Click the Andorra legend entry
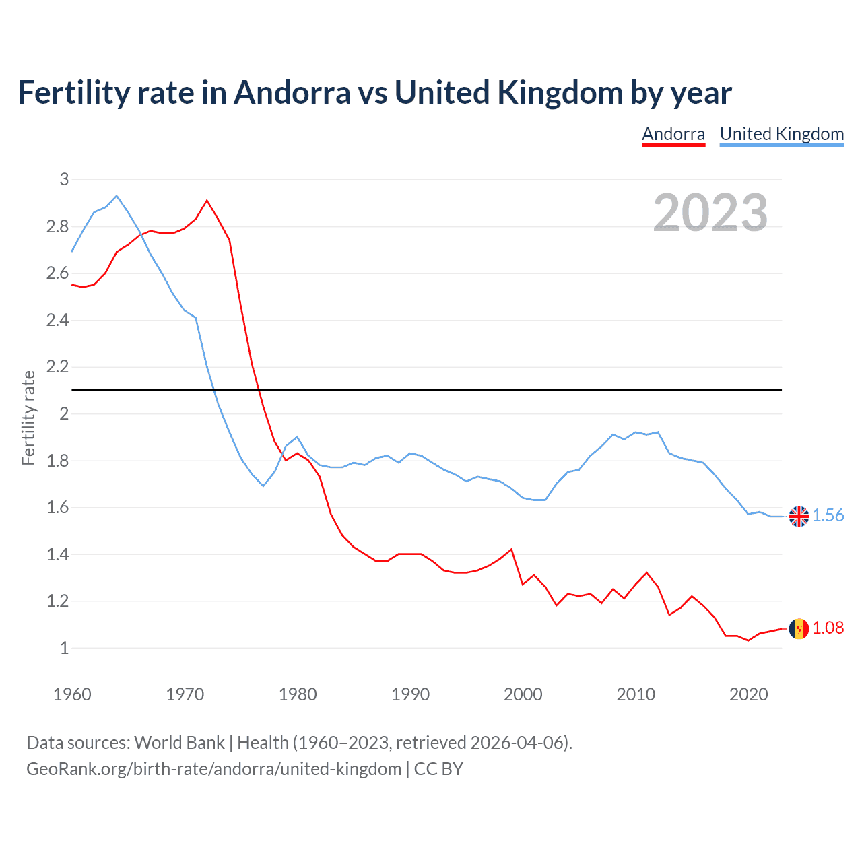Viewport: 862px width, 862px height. click(x=673, y=134)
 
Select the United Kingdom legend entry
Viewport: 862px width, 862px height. click(x=781, y=134)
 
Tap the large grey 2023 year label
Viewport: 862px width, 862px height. click(x=710, y=213)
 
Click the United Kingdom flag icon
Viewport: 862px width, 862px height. click(x=799, y=516)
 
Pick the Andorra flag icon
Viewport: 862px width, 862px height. click(x=799, y=628)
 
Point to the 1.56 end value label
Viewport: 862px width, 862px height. click(x=828, y=516)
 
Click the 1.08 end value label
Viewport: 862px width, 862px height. click(x=828, y=628)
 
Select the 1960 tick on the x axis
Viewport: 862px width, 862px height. click(x=72, y=694)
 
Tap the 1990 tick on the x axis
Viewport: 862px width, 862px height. click(x=410, y=694)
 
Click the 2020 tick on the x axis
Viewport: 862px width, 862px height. click(x=748, y=694)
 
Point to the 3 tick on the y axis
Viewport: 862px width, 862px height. click(x=65, y=179)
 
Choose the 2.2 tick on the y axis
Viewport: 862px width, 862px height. click(x=58, y=367)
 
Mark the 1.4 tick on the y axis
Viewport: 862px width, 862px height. click(x=58, y=554)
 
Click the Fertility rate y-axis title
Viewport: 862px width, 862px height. click(x=28, y=418)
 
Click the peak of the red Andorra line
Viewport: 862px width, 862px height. click(x=207, y=200)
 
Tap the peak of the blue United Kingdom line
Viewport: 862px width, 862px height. click(x=117, y=196)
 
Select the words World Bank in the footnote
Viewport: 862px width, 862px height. click(x=179, y=743)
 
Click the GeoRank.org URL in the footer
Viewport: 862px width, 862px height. click(x=213, y=769)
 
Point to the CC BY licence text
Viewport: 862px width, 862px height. click(x=438, y=769)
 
